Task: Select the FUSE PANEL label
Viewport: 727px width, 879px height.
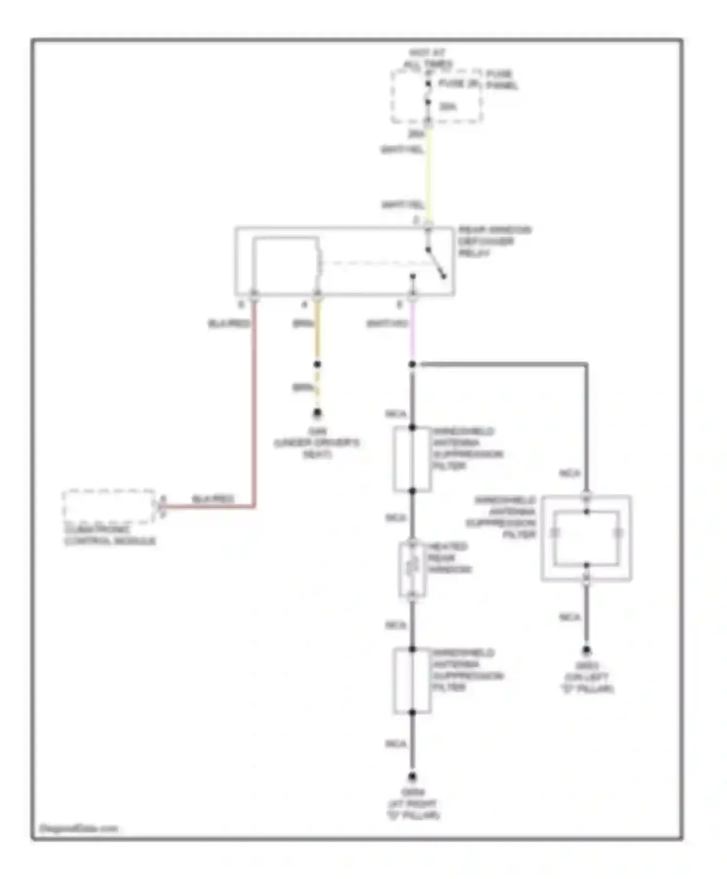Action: pyautogui.click(x=502, y=79)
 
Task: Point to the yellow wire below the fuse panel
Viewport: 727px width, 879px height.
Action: pyautogui.click(x=428, y=174)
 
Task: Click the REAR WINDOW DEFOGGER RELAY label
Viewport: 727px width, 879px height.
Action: pyautogui.click(x=494, y=241)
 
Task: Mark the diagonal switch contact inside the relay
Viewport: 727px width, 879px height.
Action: pyautogui.click(x=436, y=264)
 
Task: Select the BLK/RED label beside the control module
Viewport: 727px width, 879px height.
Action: pyautogui.click(x=213, y=499)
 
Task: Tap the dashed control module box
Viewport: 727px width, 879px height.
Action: pyautogui.click(x=109, y=507)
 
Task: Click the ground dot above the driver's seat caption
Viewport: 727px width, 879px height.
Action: pyautogui.click(x=317, y=413)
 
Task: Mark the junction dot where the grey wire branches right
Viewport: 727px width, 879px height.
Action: pyautogui.click(x=412, y=364)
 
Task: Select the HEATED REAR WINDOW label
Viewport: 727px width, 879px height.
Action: pyautogui.click(x=449, y=558)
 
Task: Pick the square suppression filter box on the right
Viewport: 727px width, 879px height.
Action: pyautogui.click(x=586, y=538)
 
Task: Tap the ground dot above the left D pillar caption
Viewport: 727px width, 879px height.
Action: pyautogui.click(x=586, y=650)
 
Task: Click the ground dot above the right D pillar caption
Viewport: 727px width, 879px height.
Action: pyautogui.click(x=412, y=777)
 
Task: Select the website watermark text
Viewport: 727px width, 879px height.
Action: pyautogui.click(x=79, y=828)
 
